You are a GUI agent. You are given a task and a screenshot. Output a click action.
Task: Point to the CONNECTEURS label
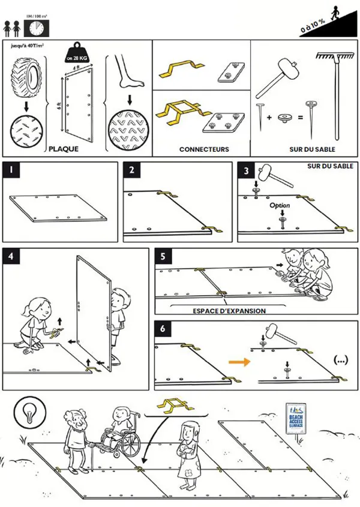point(204,149)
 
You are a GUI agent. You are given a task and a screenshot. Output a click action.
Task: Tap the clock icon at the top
point(37,28)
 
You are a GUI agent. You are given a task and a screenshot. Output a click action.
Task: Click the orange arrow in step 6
point(239,362)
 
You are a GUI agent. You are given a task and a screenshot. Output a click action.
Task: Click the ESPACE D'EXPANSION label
point(230,311)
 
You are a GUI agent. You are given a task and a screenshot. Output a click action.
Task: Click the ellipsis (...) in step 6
point(340,361)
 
